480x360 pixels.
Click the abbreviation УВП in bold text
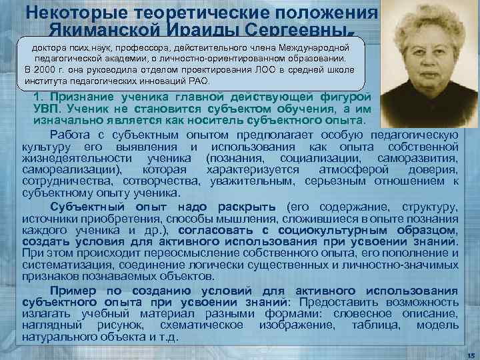coord(48,109)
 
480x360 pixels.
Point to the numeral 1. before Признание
coord(38,97)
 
